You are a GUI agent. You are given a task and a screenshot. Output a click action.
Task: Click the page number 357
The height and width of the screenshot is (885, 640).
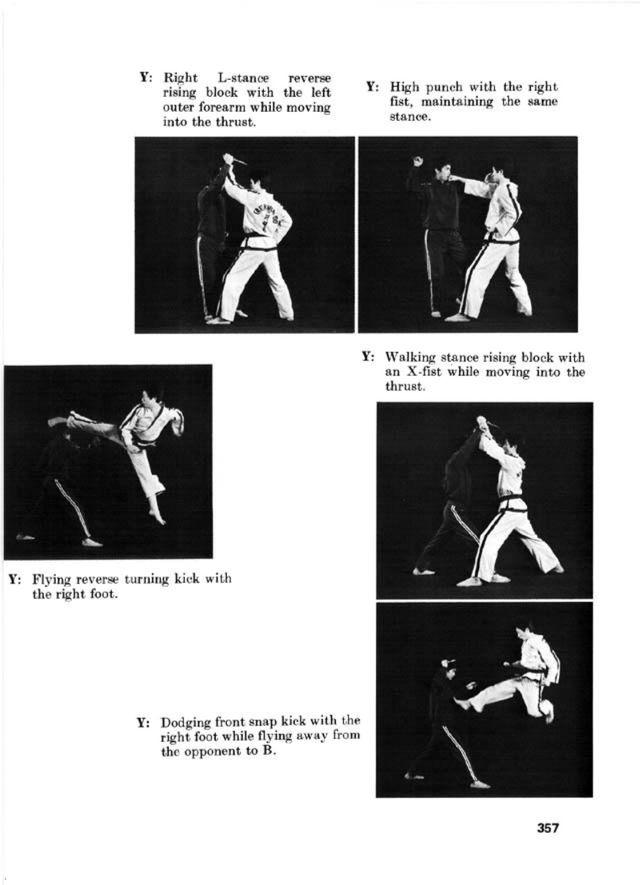547,827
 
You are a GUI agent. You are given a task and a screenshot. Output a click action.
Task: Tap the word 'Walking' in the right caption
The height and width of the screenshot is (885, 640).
408,358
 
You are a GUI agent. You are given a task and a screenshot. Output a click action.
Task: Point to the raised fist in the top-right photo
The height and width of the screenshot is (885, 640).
418,161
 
